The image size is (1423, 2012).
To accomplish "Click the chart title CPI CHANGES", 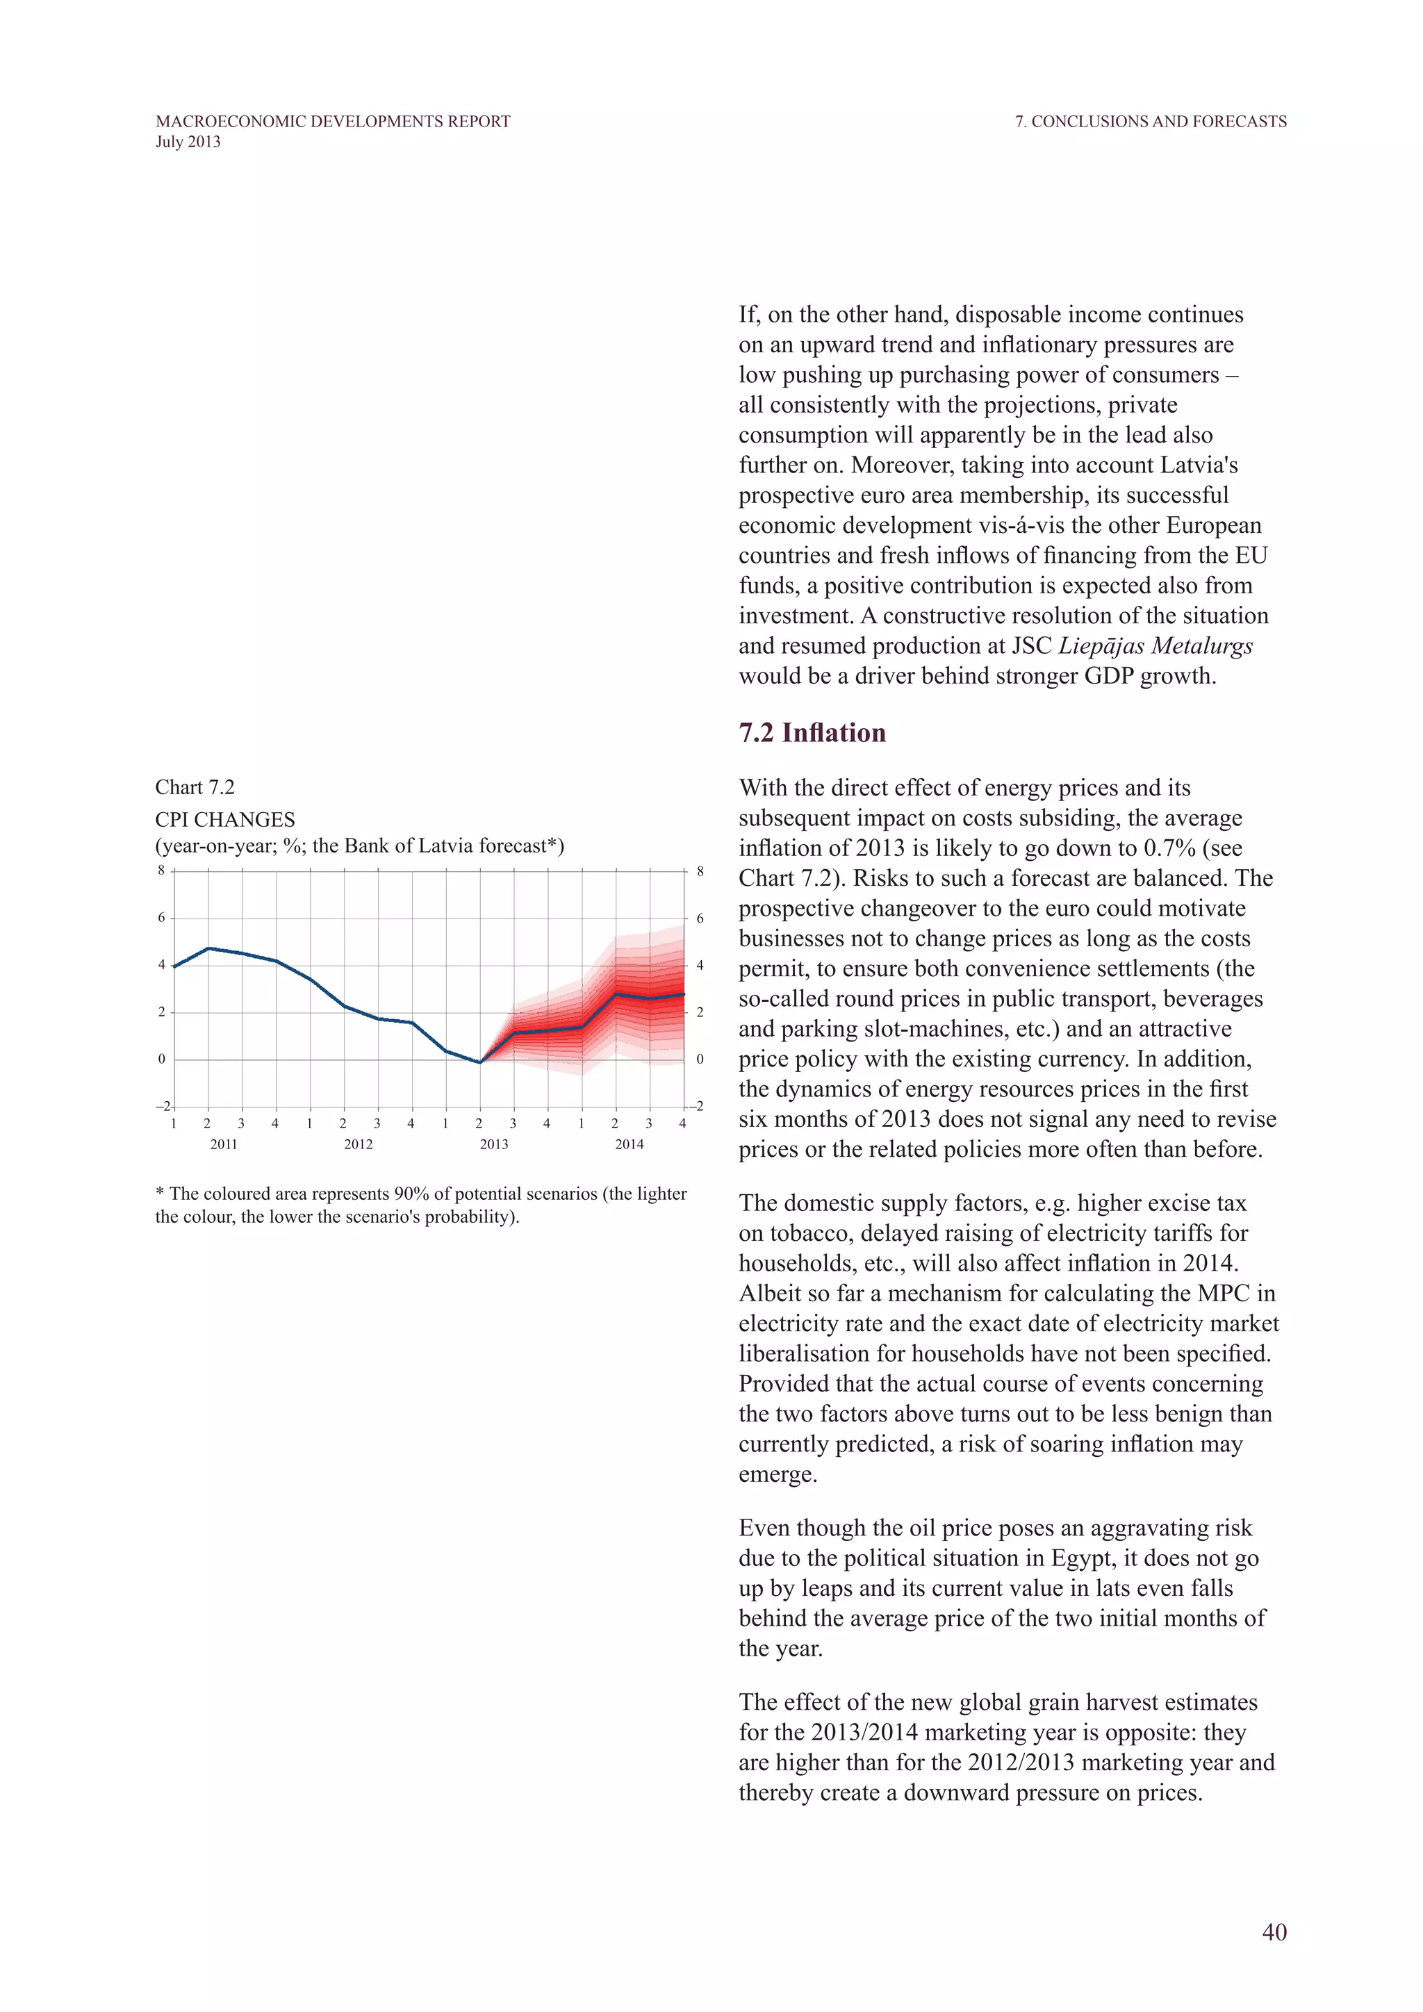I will (x=225, y=819).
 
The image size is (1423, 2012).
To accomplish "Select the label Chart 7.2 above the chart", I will (x=195, y=787).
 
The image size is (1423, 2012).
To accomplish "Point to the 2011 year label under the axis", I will (x=224, y=1144).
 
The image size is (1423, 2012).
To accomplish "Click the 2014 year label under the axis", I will (x=629, y=1144).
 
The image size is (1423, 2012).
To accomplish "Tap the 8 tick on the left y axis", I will (x=161, y=870).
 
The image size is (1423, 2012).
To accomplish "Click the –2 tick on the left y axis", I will (x=163, y=1106).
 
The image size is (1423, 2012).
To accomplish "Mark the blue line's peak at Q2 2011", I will (x=208, y=948).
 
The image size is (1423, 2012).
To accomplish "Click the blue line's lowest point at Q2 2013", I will (x=479, y=1062).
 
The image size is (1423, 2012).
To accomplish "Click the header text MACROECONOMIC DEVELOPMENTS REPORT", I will (x=333, y=121).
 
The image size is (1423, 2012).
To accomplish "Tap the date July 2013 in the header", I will (x=188, y=142).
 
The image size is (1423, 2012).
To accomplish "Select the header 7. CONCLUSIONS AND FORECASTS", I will (x=1151, y=121).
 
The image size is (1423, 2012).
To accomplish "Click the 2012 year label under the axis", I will (x=359, y=1144).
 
